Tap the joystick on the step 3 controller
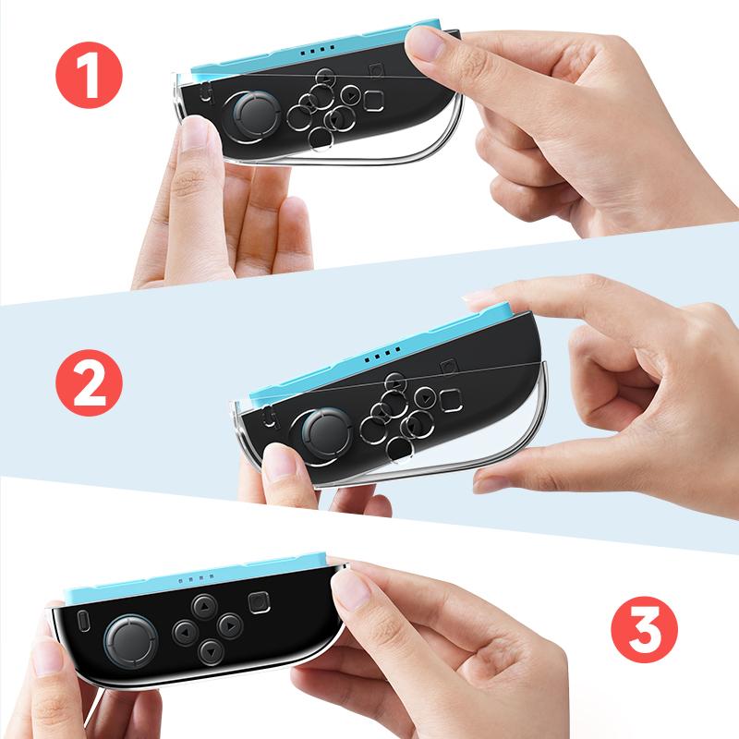128,637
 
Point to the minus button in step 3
82,617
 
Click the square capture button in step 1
373,98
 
